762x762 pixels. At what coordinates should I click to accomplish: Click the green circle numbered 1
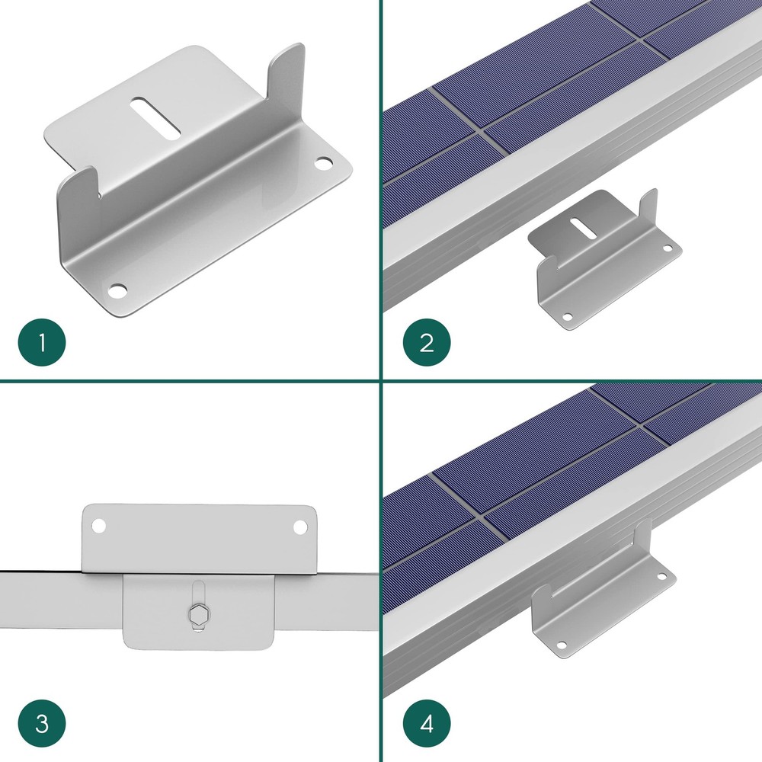[42, 342]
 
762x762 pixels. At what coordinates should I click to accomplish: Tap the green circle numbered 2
[426, 342]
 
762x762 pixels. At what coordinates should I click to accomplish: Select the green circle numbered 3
[42, 723]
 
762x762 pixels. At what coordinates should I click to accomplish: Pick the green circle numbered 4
[426, 723]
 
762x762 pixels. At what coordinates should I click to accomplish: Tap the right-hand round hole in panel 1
[324, 163]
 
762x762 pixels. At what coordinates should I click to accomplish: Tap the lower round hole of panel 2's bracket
[567, 315]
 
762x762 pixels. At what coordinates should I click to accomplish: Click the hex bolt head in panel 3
[198, 614]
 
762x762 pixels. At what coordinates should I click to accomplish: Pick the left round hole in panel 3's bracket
[98, 524]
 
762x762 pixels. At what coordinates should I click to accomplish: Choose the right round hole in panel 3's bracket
[298, 524]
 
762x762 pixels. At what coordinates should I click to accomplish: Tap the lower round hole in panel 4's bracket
[562, 645]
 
